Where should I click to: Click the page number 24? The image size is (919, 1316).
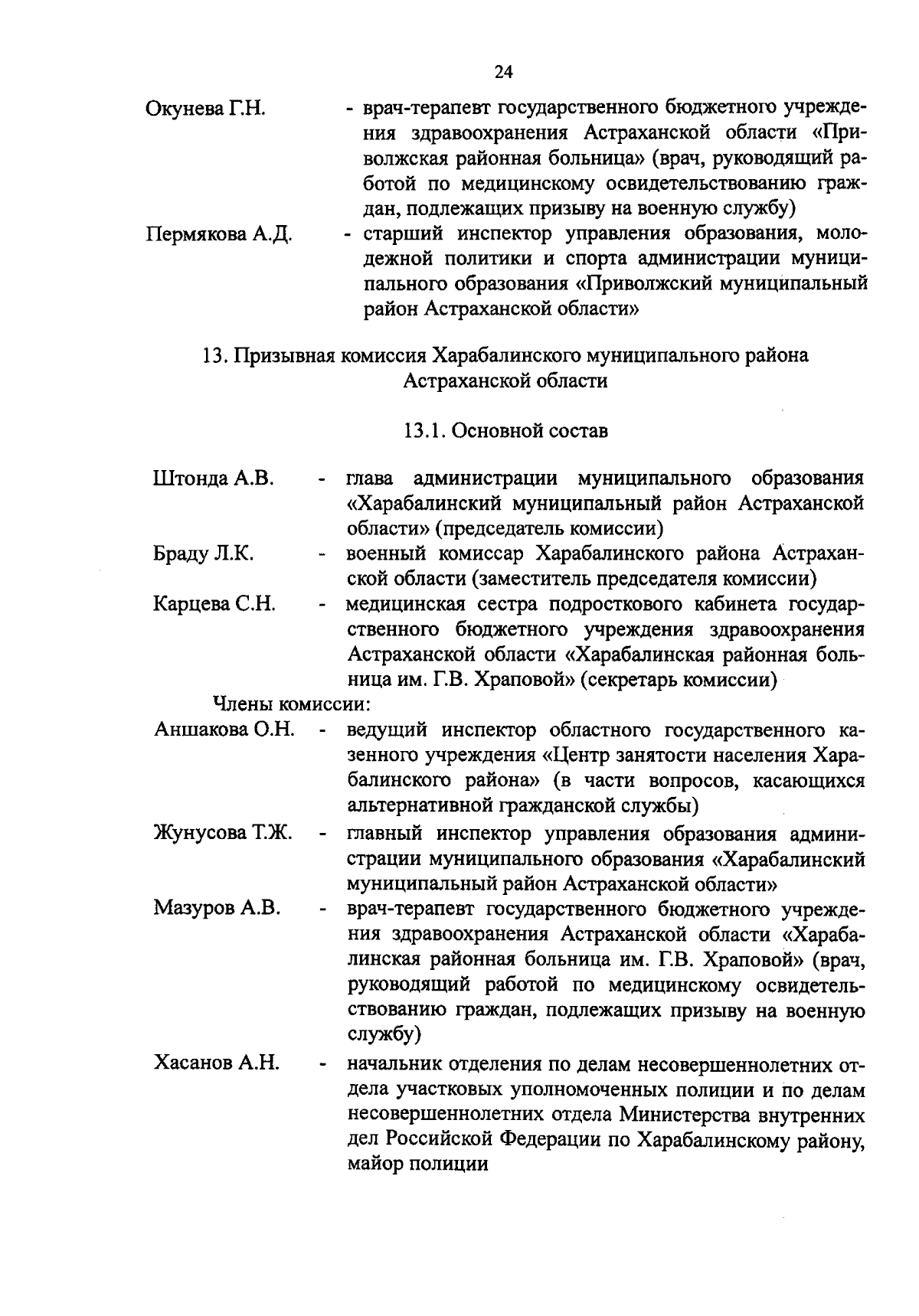(503, 72)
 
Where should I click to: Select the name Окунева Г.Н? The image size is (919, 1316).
(204, 108)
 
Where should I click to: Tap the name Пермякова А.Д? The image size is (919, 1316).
(219, 233)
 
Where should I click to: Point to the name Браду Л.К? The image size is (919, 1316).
(203, 554)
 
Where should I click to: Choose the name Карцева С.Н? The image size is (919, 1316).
(214, 604)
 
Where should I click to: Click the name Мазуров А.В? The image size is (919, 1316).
(217, 908)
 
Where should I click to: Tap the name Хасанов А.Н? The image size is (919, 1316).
(216, 1062)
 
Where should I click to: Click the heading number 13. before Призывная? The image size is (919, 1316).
(215, 356)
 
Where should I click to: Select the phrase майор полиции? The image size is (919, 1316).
(417, 1164)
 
